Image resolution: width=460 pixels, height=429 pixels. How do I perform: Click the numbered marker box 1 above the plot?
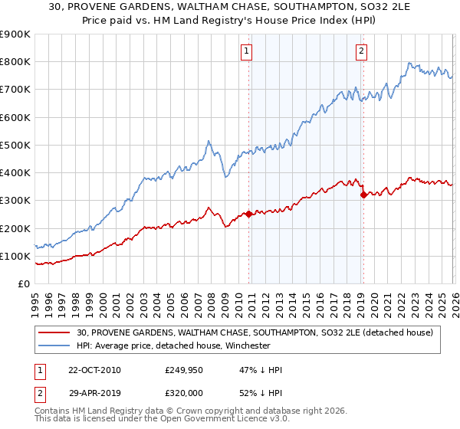(247, 51)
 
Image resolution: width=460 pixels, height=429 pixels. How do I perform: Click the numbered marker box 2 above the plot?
(360, 51)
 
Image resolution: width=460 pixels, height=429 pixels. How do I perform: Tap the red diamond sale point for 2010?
(249, 215)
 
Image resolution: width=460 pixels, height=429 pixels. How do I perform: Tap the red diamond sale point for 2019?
(363, 195)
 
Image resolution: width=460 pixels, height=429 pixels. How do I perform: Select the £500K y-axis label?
(15, 145)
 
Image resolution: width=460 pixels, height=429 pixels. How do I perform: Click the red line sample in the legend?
(55, 332)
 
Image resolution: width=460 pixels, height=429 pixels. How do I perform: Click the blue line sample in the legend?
(55, 345)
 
